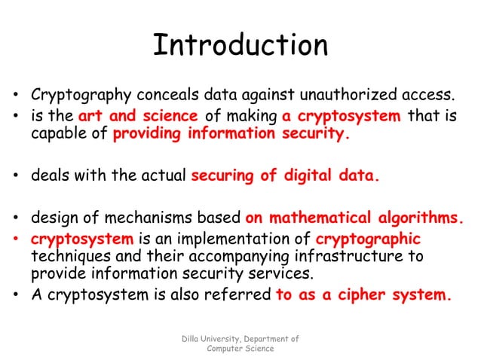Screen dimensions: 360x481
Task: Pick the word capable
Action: tap(55, 136)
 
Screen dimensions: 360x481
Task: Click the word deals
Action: tap(48, 178)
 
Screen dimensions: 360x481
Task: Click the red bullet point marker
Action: tap(16, 240)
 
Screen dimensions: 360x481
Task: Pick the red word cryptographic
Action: tap(368, 239)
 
